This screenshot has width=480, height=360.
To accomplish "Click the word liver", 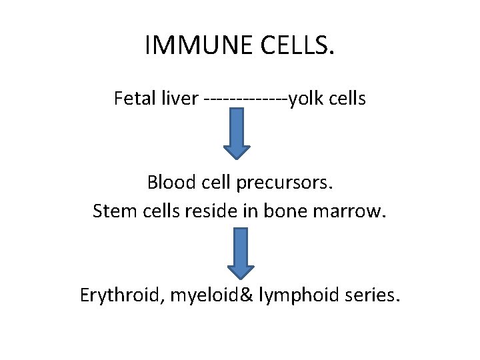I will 179,99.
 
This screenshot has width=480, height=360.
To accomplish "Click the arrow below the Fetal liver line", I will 237,134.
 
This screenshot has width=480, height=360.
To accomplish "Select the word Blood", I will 169,182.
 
